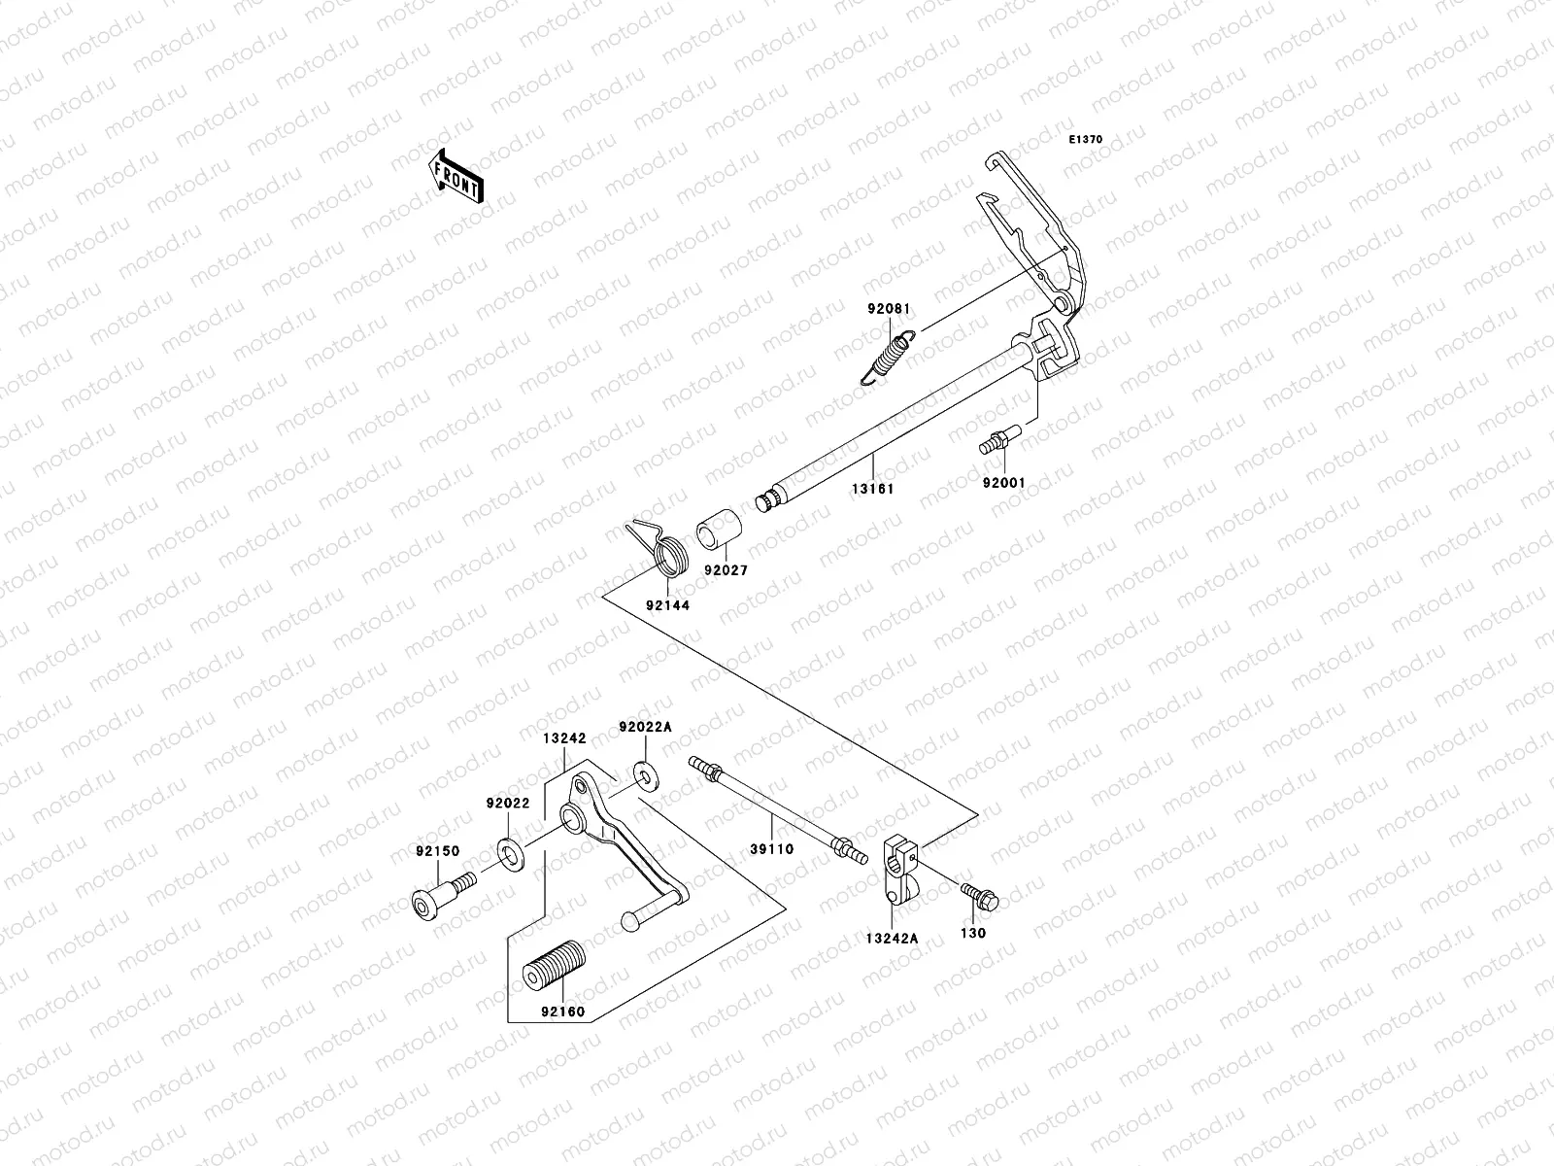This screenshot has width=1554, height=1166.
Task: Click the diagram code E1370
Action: tap(1086, 140)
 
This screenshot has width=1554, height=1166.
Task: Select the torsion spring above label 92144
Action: tap(661, 552)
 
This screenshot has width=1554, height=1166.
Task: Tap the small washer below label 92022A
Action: tap(641, 773)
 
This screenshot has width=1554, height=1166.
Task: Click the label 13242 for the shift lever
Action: tap(564, 738)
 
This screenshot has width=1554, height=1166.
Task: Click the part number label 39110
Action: tap(771, 848)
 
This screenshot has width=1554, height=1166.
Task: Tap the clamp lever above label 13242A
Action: tap(899, 865)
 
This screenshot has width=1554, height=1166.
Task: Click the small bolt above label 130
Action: tap(979, 895)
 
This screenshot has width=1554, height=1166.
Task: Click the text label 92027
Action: tap(726, 571)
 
